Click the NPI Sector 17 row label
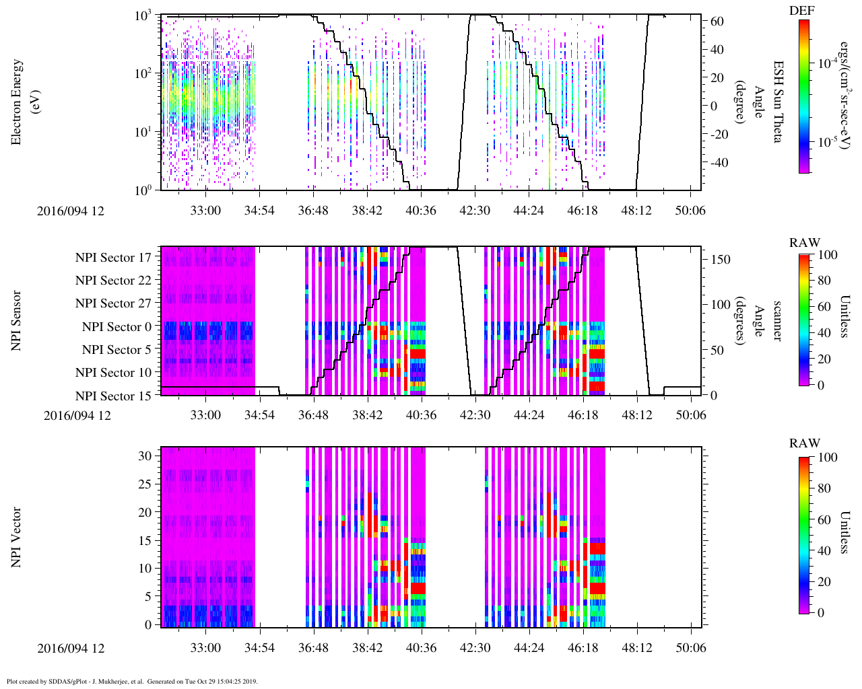click(113, 258)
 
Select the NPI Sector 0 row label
click(117, 327)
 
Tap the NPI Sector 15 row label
click(113, 396)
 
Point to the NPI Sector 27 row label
click(113, 303)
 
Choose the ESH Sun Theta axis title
click(777, 101)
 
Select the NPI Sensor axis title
click(16, 320)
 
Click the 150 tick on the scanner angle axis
click(721, 260)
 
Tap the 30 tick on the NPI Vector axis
click(145, 456)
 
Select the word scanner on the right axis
click(777, 320)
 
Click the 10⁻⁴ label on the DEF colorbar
click(828, 63)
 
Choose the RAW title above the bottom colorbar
click(805, 443)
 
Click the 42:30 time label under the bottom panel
click(475, 648)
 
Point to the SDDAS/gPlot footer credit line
click(132, 682)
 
